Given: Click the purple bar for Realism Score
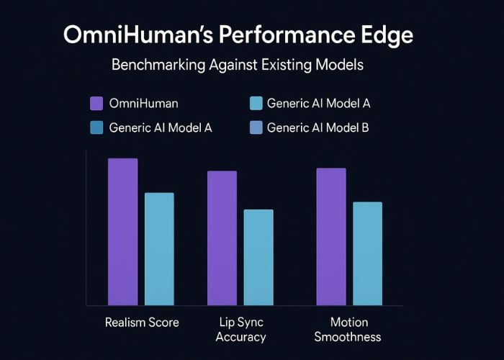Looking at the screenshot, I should point(122,231).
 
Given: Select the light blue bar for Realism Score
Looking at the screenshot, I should point(159,248).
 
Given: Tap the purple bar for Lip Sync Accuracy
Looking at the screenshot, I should point(222,238).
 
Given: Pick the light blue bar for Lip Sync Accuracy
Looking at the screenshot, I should point(258,257).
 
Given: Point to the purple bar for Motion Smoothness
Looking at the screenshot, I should point(331,236).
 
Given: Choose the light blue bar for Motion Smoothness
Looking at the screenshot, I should point(367,253).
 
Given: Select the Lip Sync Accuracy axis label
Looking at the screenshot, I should point(240,330).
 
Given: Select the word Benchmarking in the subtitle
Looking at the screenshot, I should point(156,66).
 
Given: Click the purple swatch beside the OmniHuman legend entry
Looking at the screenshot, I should point(96,103).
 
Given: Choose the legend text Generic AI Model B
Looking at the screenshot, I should point(318,128).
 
